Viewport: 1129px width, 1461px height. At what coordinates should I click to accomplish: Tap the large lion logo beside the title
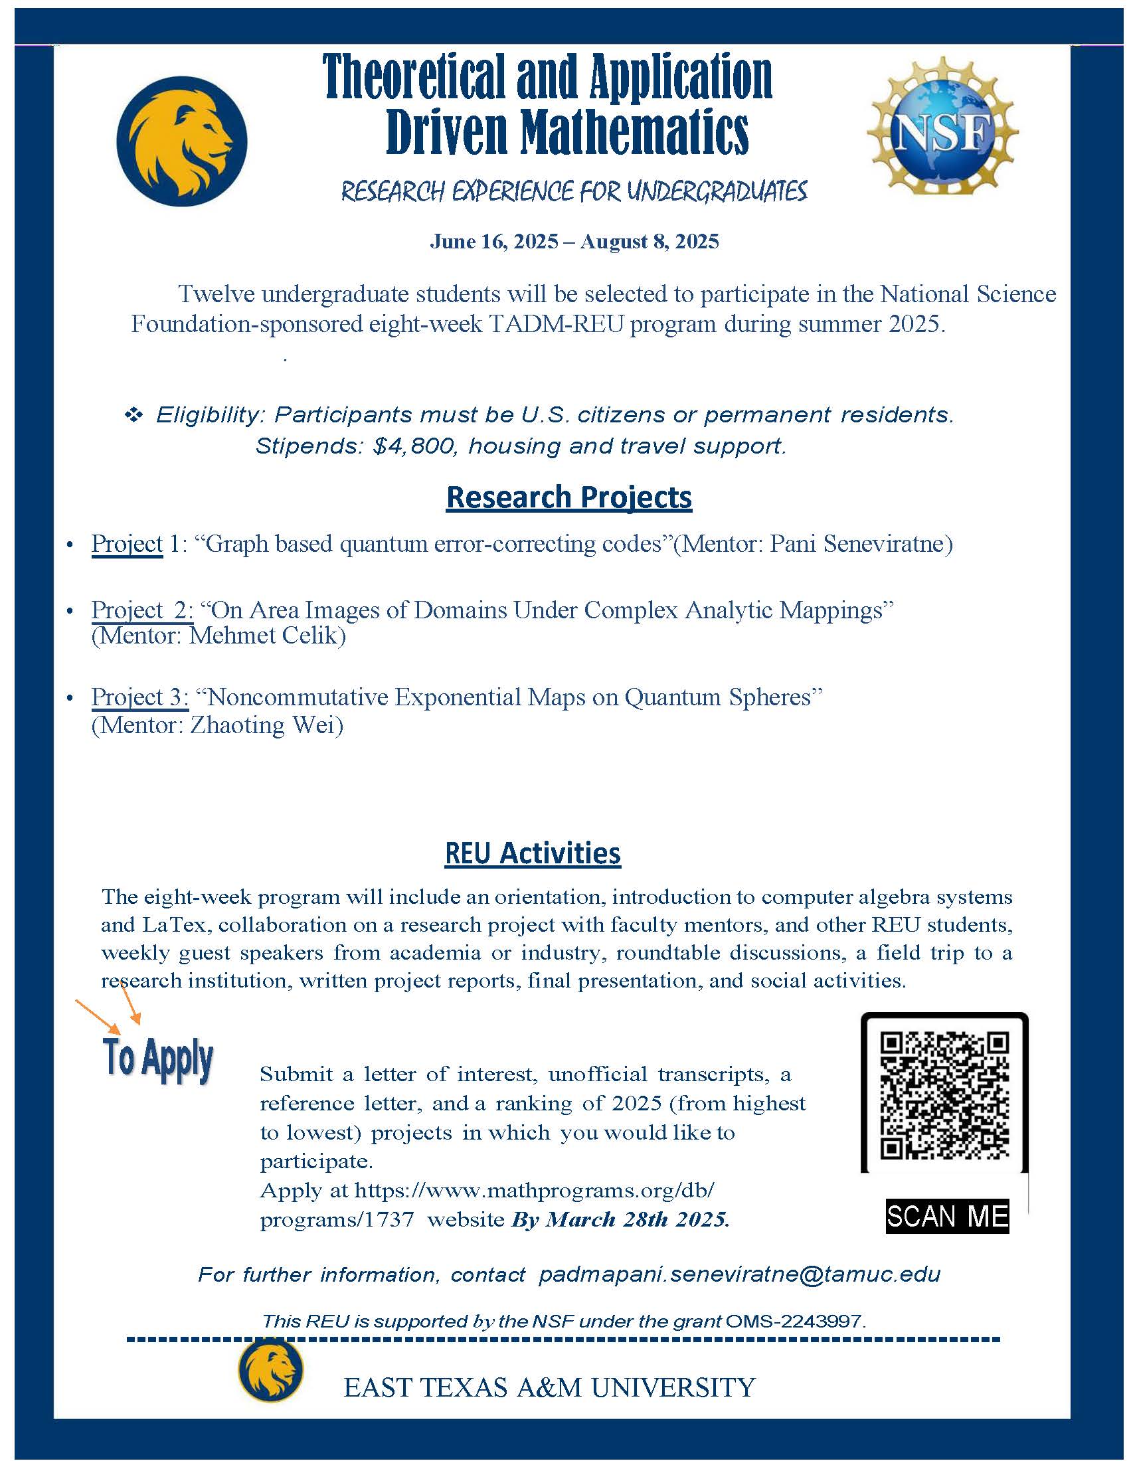[x=181, y=141]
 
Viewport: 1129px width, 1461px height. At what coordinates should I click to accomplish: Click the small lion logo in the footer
[x=270, y=1371]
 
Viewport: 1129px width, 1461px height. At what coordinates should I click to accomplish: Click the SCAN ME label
[x=947, y=1215]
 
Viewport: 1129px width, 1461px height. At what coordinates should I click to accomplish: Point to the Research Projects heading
[x=568, y=497]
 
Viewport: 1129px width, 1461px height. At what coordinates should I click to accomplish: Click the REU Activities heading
[x=533, y=853]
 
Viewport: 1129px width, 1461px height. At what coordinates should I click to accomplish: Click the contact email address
[x=739, y=1274]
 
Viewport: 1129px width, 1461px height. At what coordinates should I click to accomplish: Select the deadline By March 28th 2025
[x=620, y=1219]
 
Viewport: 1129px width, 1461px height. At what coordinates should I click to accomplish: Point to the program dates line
[x=574, y=242]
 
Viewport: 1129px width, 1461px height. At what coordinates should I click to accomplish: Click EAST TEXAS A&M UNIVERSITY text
[x=549, y=1387]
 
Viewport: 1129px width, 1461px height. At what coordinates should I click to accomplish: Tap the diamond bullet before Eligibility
[x=133, y=416]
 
